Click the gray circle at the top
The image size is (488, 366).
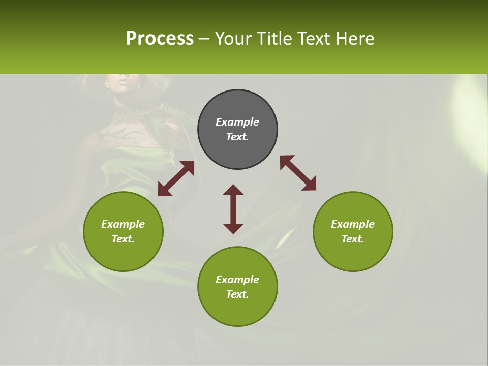(237, 130)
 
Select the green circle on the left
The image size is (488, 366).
(123, 231)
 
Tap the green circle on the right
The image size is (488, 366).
(352, 231)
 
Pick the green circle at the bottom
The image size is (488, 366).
(237, 287)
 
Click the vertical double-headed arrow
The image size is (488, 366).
(233, 209)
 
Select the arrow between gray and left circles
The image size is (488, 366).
(176, 178)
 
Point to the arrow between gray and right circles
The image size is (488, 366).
(298, 173)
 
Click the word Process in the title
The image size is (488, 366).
(160, 39)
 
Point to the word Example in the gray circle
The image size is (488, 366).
(237, 122)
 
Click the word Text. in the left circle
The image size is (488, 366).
(123, 239)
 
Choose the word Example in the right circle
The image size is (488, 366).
(352, 224)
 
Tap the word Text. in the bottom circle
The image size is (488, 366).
(237, 294)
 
